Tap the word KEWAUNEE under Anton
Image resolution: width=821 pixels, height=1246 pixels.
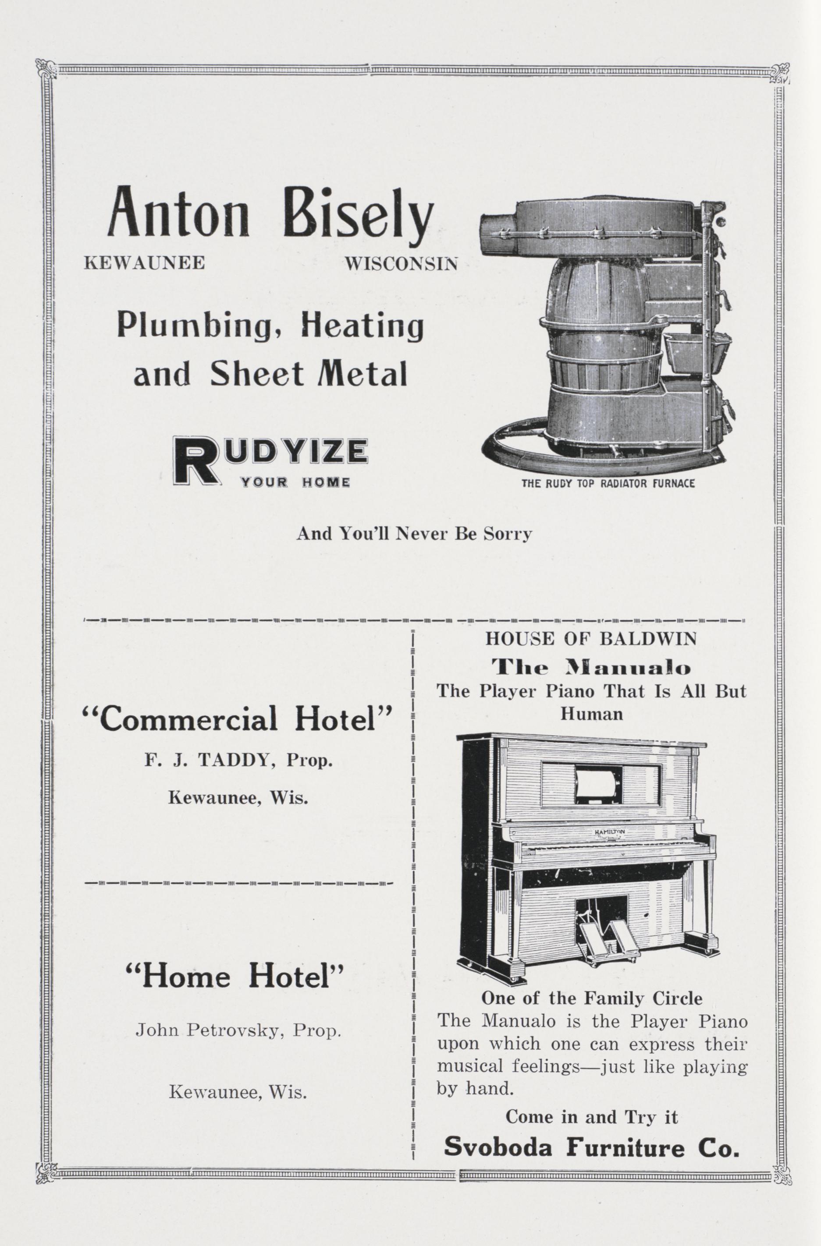(144, 263)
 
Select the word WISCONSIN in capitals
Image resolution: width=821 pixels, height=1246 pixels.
(401, 263)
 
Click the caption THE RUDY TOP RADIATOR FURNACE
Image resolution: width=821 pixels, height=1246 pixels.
(608, 483)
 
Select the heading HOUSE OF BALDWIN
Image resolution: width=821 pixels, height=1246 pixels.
(591, 639)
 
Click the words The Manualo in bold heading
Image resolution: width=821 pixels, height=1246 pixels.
(591, 668)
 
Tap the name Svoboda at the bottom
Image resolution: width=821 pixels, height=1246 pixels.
(499, 1148)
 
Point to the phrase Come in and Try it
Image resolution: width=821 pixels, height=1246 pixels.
(591, 1117)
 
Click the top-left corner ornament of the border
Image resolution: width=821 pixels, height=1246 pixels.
(45, 71)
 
